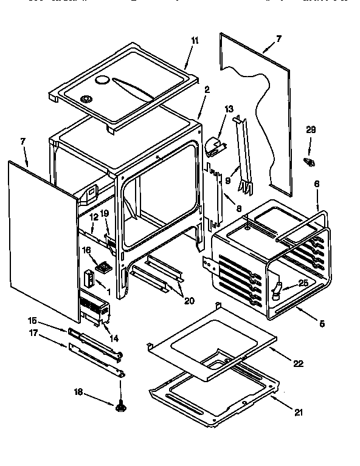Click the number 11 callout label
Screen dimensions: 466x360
(195, 41)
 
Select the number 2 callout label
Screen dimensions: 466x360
(207, 89)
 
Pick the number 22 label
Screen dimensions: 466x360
(298, 363)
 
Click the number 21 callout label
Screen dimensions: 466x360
(298, 413)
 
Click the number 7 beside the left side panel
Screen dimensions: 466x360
(23, 142)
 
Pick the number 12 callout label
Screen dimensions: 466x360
(94, 217)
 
